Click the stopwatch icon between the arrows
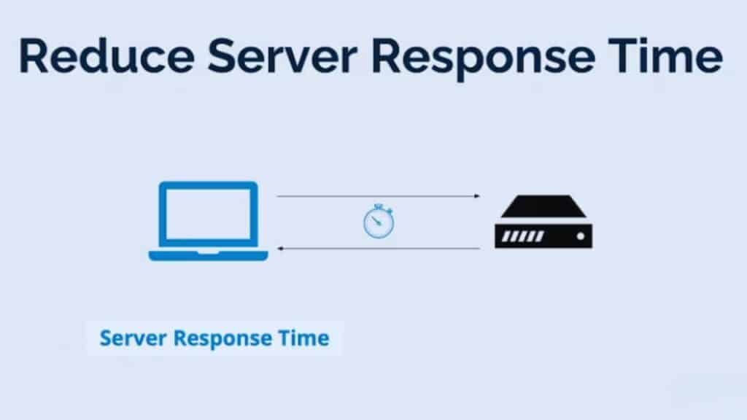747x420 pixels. click(378, 222)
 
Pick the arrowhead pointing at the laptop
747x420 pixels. click(280, 249)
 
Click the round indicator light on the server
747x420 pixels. click(580, 236)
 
